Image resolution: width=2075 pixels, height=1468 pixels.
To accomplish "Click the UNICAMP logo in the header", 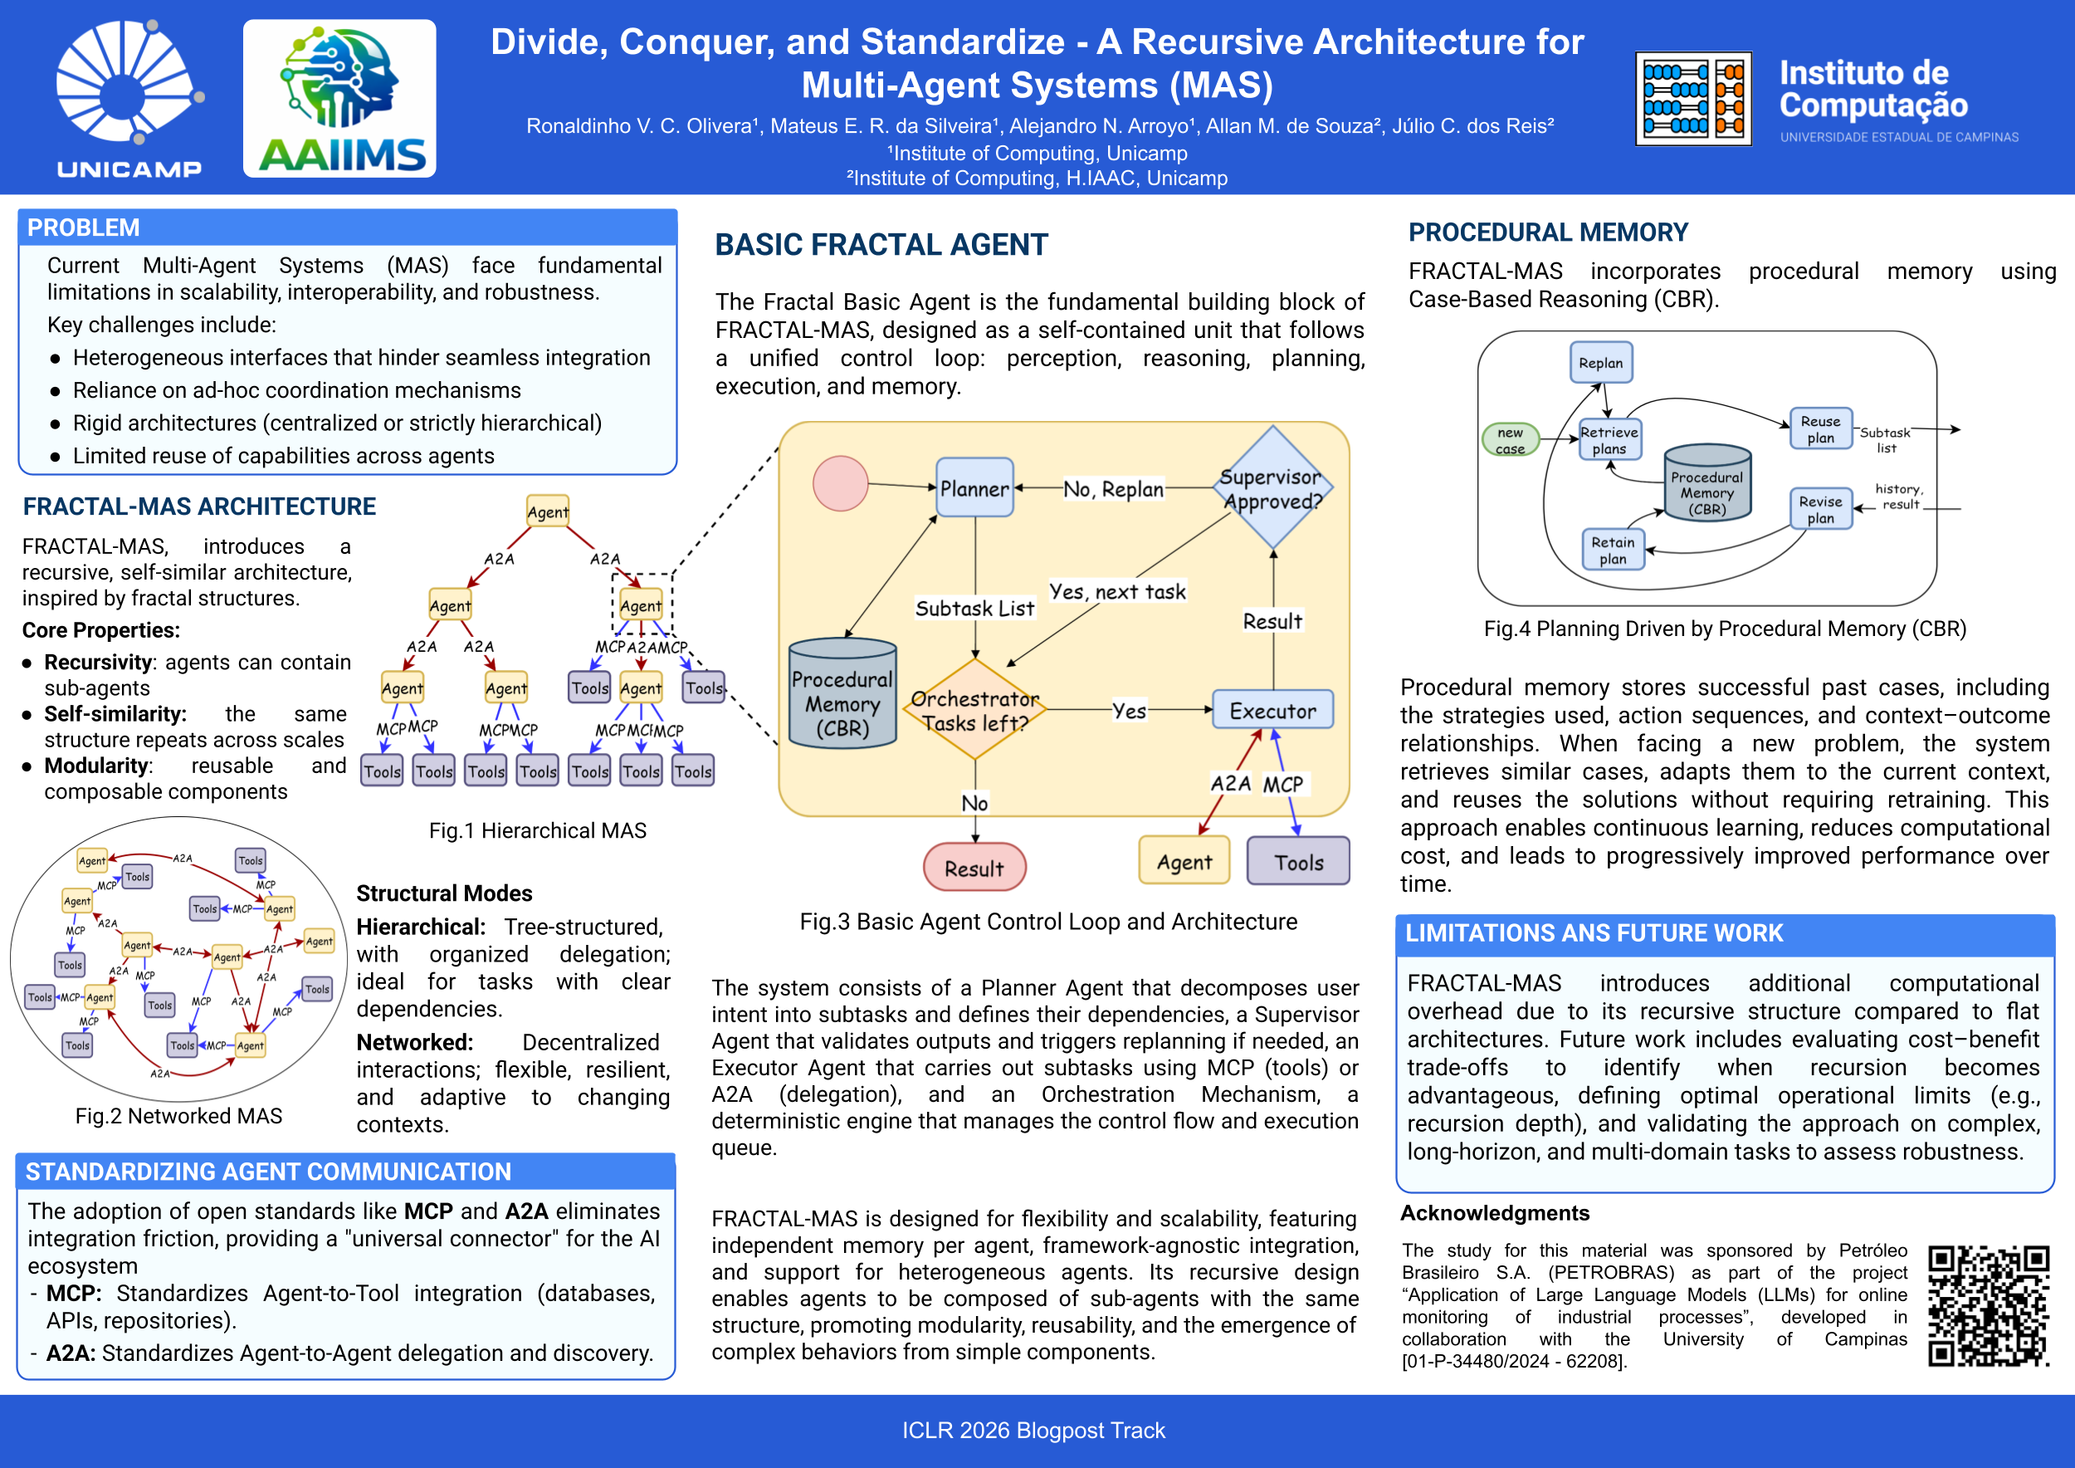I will [129, 98].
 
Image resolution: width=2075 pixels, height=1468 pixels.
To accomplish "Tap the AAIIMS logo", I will [339, 99].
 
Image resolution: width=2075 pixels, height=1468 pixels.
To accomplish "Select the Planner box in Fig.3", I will [974, 488].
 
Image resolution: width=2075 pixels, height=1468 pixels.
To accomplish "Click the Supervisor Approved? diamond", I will [1272, 488].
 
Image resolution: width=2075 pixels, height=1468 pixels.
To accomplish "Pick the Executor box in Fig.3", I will [1272, 711].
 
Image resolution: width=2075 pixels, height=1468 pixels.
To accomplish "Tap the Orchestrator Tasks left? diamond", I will [975, 711].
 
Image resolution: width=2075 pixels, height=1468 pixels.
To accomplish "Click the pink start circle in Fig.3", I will [841, 483].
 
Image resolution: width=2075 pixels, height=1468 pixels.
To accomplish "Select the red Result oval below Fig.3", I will [974, 868].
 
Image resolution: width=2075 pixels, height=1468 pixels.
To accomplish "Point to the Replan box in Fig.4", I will [1600, 364].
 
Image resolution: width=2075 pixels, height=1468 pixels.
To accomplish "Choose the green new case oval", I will [1510, 440].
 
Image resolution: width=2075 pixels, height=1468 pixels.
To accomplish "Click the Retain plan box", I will [1614, 550].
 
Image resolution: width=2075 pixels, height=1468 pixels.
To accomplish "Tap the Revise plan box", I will [1820, 509].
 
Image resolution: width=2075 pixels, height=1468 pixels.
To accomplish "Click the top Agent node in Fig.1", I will [548, 511].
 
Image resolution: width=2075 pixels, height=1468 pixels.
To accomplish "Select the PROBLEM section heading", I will [84, 228].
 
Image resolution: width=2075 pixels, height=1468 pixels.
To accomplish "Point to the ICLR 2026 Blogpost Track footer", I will [1033, 1430].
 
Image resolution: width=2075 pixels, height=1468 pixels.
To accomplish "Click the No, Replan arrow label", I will [1112, 489].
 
